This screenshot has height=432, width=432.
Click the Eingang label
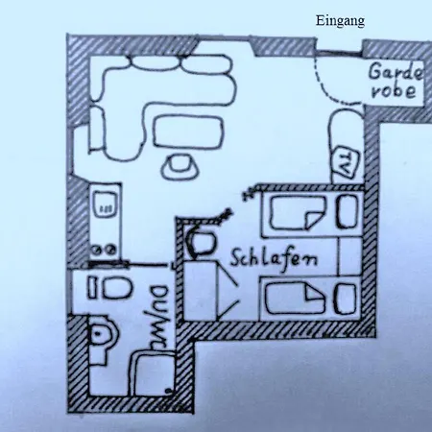(340, 21)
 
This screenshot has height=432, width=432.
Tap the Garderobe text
(395, 82)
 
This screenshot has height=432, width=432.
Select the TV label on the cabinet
(345, 162)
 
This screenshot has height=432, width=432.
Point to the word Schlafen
(275, 258)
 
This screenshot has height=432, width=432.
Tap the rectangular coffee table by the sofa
(187, 132)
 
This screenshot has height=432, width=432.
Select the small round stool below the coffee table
(179, 166)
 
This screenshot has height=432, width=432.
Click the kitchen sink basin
(107, 204)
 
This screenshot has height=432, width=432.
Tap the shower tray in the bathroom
(153, 372)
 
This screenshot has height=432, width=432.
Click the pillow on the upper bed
(348, 211)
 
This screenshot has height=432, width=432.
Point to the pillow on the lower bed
(345, 299)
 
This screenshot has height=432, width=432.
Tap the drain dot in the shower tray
(168, 391)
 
